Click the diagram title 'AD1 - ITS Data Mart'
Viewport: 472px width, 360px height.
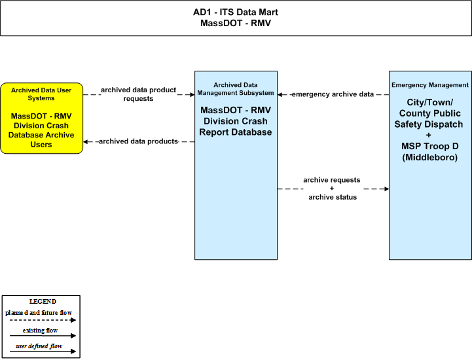pyautogui.click(x=236, y=12)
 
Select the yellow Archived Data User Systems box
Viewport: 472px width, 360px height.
pyautogui.click(x=41, y=118)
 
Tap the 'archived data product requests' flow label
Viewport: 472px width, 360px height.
pyautogui.click(x=138, y=94)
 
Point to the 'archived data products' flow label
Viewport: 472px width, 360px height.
pyautogui.click(x=138, y=141)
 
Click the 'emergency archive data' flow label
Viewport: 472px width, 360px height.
pyautogui.click(x=333, y=94)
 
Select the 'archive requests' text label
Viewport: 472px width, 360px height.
pyautogui.click(x=332, y=180)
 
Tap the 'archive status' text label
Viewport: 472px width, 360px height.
pyautogui.click(x=333, y=197)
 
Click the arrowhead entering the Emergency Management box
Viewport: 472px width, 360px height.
pyautogui.click(x=386, y=189)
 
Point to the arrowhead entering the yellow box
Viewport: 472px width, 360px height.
pyautogui.click(x=86, y=141)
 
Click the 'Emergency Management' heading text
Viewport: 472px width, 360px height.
pyautogui.click(x=430, y=85)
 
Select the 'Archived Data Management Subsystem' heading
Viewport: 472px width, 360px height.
pyautogui.click(x=236, y=89)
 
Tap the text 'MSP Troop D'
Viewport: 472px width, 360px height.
pyautogui.click(x=430, y=146)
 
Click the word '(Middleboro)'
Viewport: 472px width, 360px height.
pyautogui.click(x=430, y=157)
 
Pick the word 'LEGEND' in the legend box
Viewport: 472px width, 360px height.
pyautogui.click(x=43, y=301)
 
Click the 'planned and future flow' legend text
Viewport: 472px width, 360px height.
pyautogui.click(x=39, y=312)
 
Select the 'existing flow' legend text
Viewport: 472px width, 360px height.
pyautogui.click(x=40, y=330)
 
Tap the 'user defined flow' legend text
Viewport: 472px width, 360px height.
pyautogui.click(x=39, y=346)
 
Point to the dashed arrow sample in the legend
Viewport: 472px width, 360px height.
pyautogui.click(x=43, y=320)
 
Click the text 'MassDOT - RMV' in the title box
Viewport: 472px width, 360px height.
pyautogui.click(x=236, y=23)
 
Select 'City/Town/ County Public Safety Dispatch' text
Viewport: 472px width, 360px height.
pyautogui.click(x=429, y=113)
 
